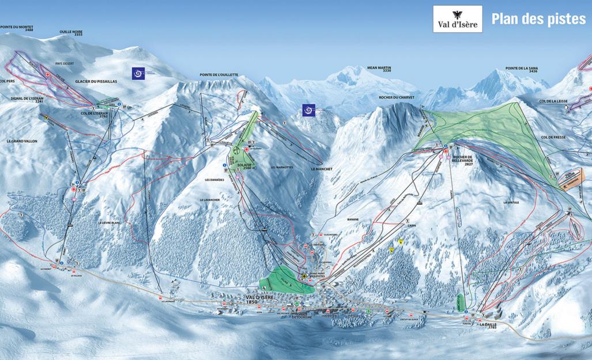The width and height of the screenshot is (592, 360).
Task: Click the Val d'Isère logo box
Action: pyautogui.click(x=457, y=19)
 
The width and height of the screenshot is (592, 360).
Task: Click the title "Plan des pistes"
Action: pyautogui.click(x=538, y=19)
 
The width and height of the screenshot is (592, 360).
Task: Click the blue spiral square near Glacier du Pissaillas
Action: pyautogui.click(x=138, y=73)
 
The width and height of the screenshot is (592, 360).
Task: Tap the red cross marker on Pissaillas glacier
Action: pyautogui.click(x=48, y=75)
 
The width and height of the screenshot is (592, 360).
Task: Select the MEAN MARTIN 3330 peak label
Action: pyautogui.click(x=380, y=69)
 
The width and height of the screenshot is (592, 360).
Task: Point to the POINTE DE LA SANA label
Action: pyautogui.click(x=522, y=69)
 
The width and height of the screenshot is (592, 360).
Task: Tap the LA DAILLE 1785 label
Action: pyautogui.click(x=489, y=326)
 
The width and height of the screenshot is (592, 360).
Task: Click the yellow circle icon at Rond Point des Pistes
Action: pyautogui.click(x=304, y=277)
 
